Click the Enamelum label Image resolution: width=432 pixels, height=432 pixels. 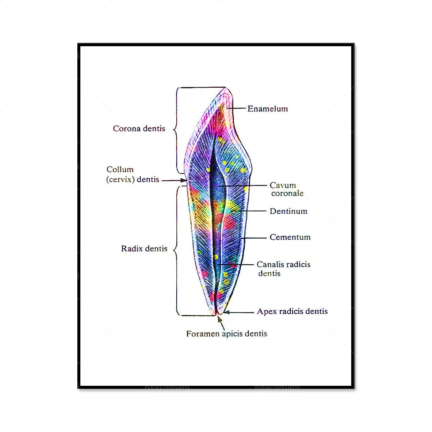(x=267, y=109)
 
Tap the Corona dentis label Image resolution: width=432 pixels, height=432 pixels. (x=139, y=129)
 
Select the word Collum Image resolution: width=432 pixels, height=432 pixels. (x=120, y=170)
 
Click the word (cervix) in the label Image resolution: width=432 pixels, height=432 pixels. (x=121, y=179)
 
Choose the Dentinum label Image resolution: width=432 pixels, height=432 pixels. (x=289, y=211)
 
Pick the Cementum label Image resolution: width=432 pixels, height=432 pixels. (x=290, y=237)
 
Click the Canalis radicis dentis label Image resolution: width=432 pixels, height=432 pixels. (x=283, y=268)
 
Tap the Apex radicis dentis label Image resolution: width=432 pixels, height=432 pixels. (x=292, y=311)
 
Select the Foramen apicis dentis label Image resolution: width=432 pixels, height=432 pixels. (x=226, y=334)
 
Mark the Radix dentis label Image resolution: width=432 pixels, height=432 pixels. (x=144, y=249)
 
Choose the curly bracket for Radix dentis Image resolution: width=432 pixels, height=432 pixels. (x=177, y=250)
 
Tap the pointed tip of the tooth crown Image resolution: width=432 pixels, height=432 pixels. (x=226, y=89)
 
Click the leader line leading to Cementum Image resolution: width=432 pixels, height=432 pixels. (x=254, y=238)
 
